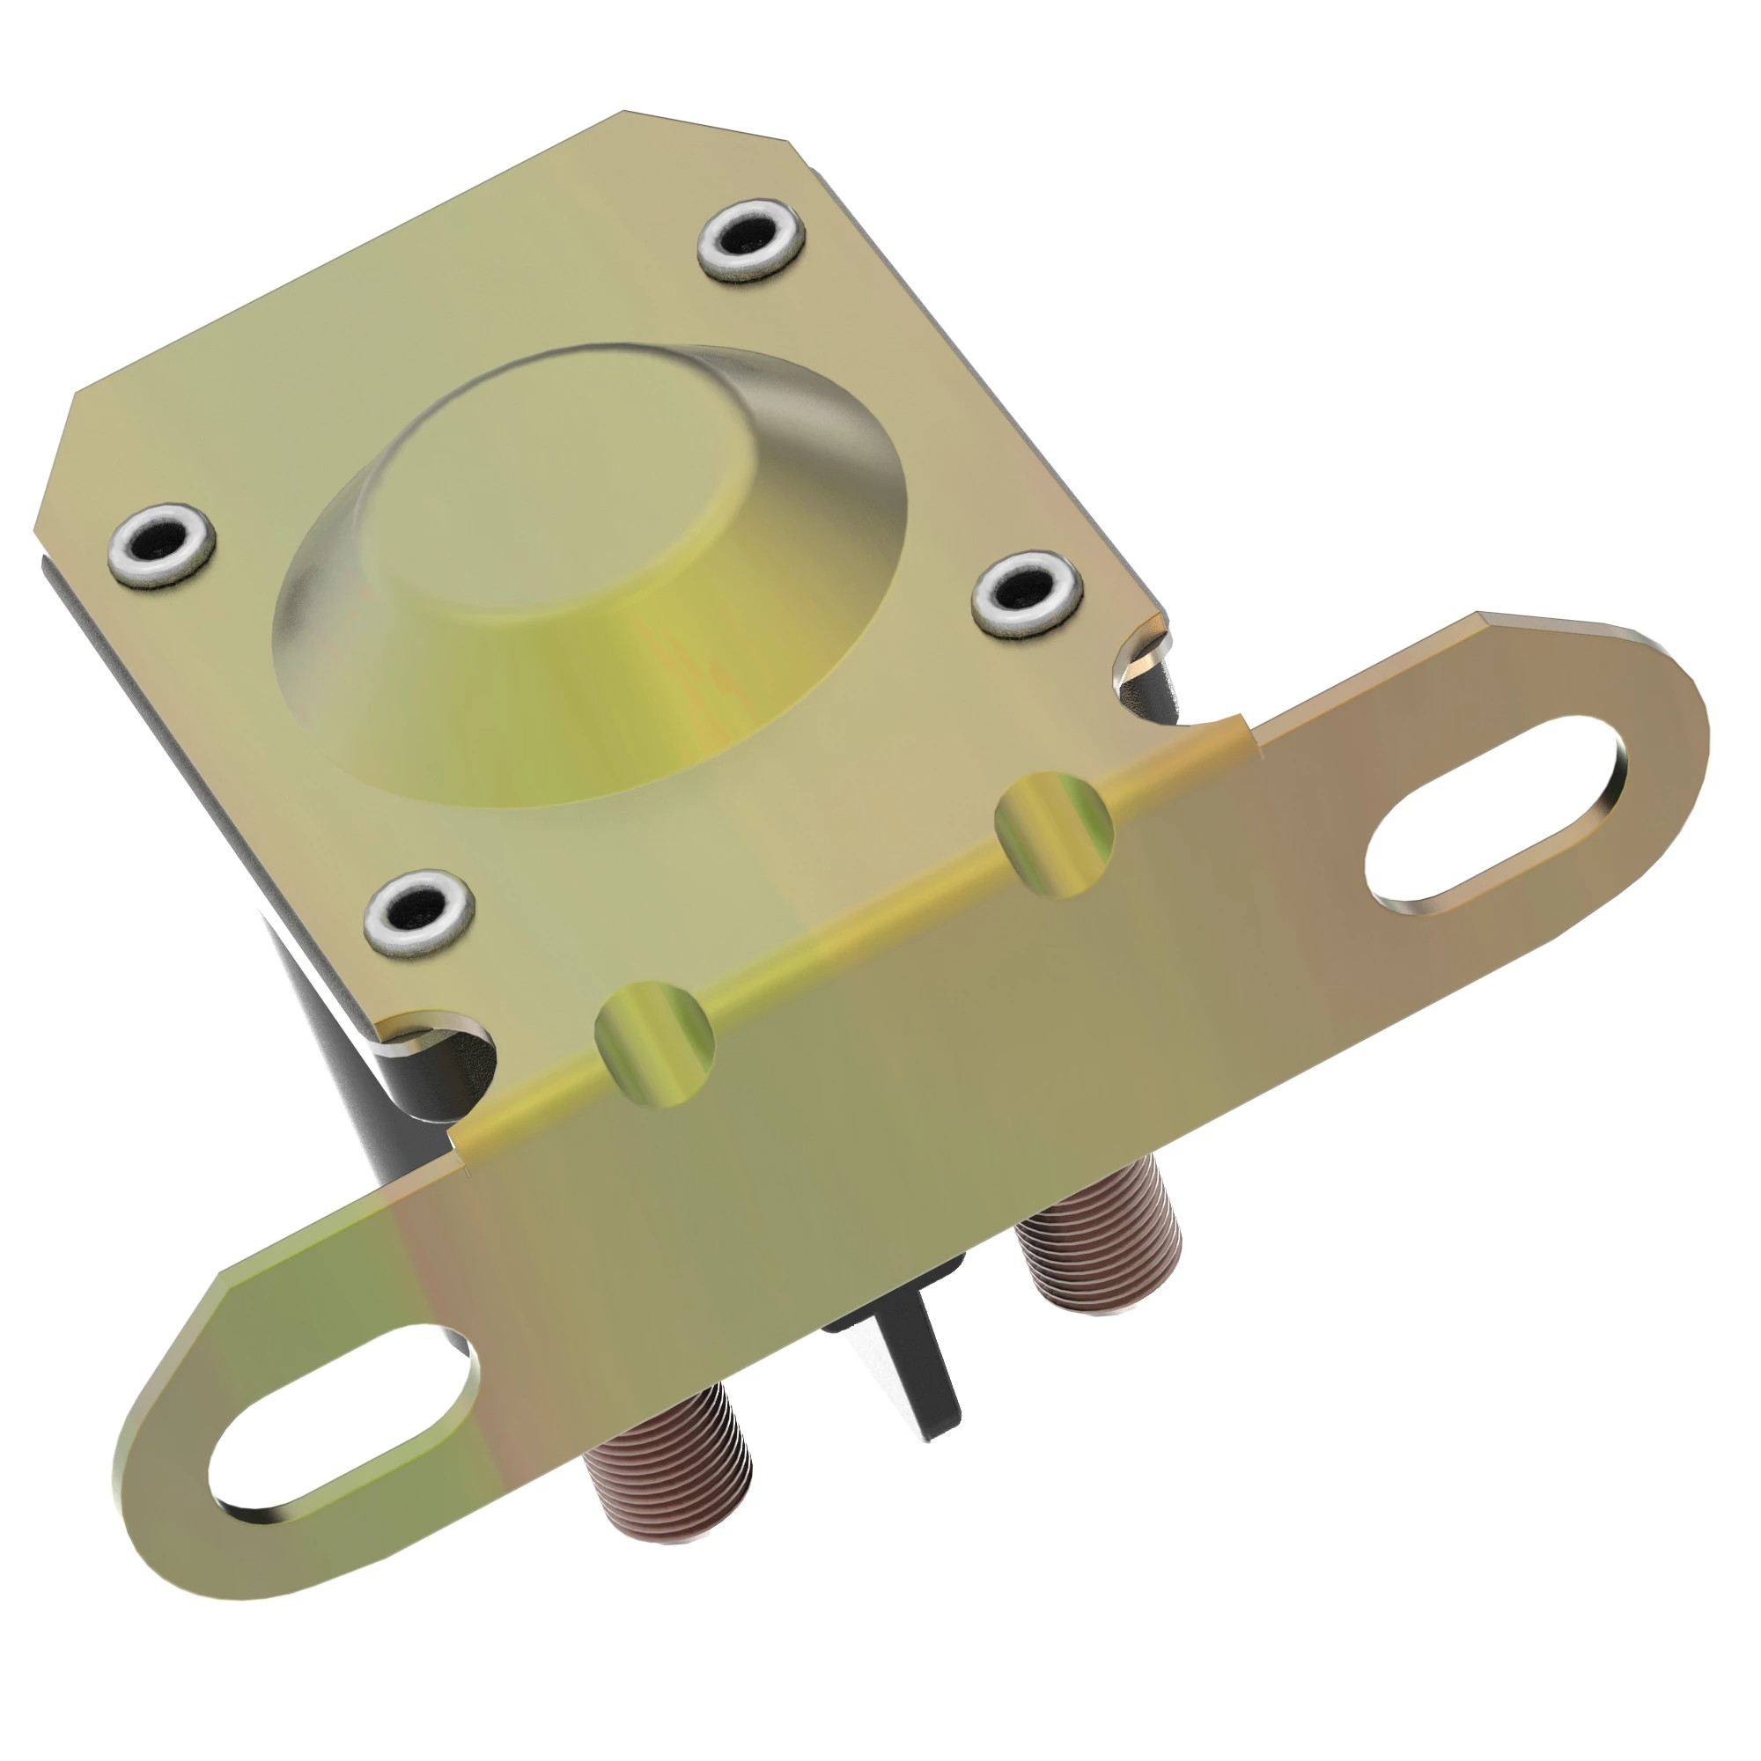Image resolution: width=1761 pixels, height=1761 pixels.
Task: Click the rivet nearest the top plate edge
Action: (x=752, y=239)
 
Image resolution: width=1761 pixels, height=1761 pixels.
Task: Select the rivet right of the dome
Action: (x=1028, y=593)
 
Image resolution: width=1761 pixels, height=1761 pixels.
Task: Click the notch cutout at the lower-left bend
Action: (x=446, y=1048)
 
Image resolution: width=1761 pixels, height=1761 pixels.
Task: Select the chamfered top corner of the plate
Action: (x=706, y=123)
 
